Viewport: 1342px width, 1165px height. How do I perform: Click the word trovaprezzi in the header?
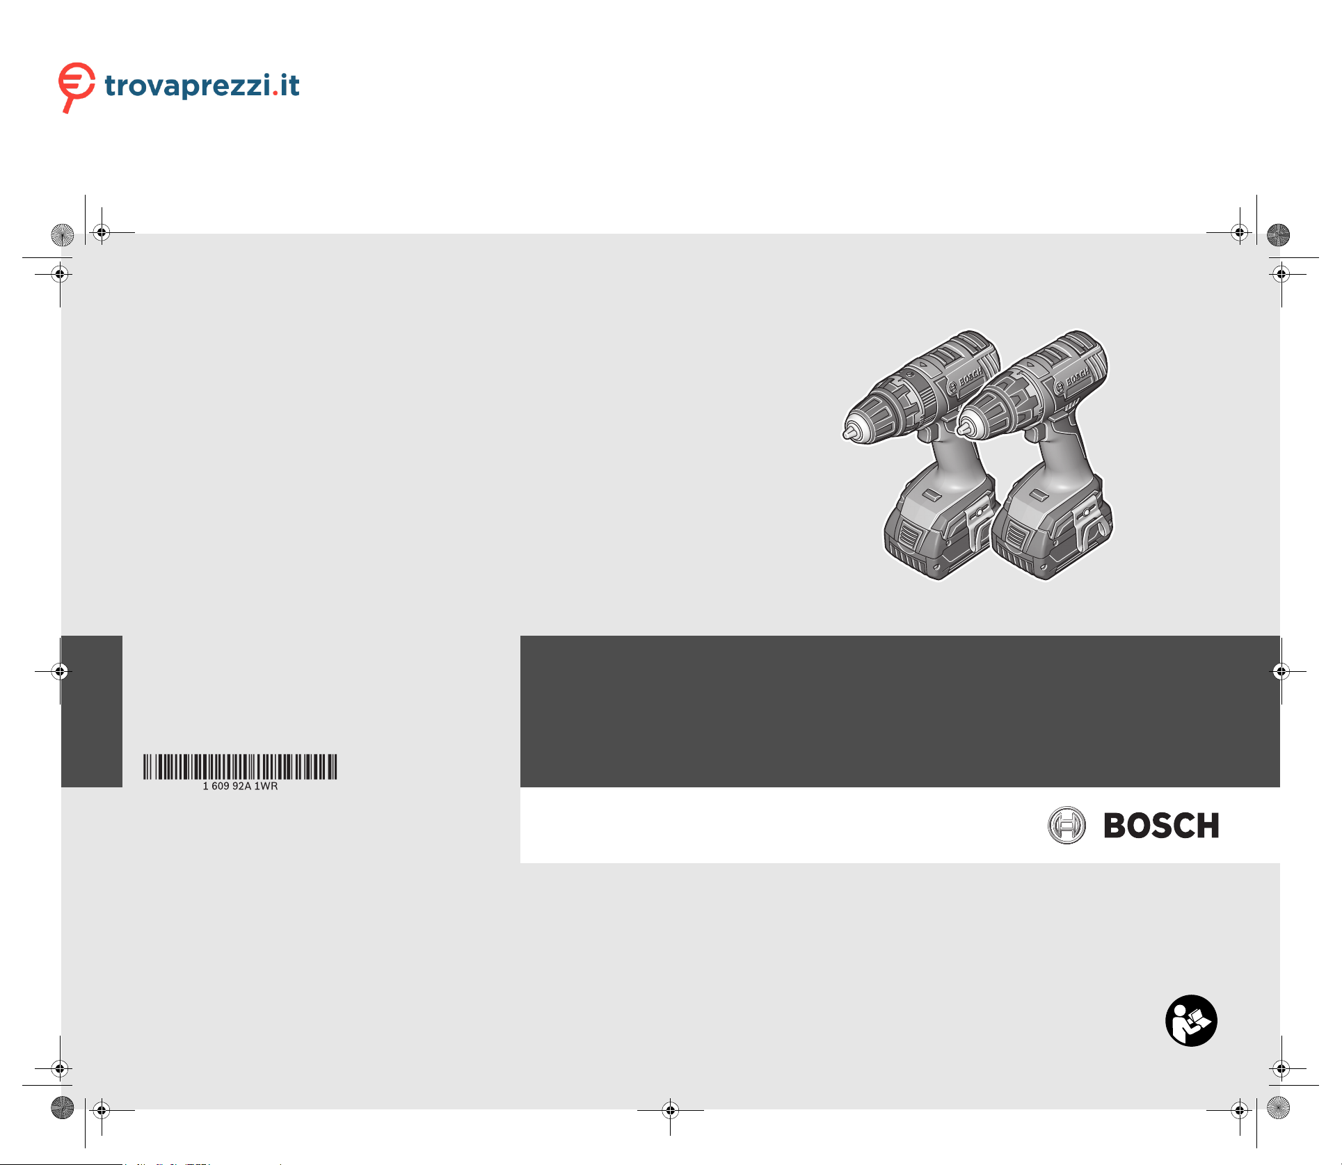188,86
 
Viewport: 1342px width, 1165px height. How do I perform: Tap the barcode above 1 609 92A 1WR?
240,766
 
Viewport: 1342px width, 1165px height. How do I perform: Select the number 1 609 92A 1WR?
240,786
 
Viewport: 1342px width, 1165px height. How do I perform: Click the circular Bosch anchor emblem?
1067,826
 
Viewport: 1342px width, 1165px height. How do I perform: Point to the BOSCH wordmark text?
1161,826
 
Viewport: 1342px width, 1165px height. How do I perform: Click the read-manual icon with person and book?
1191,1020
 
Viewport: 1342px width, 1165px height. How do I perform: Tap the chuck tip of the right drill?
963,429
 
